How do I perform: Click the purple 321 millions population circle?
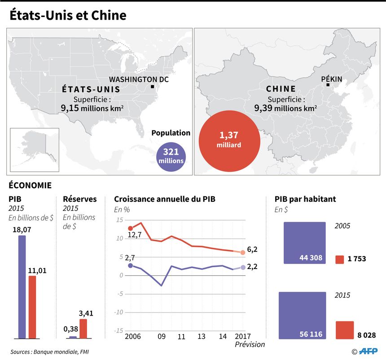pos(171,156)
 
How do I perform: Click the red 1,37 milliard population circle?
pos(229,141)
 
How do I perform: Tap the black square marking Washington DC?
pos(153,87)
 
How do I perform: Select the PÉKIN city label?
pos(332,79)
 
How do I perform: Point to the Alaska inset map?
pos(35,150)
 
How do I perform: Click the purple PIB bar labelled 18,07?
pos(22,287)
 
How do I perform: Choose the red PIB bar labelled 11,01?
pos(32,307)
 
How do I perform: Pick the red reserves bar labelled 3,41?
pos(83,329)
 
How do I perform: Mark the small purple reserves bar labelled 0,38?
pos(73,338)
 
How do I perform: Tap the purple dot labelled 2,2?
pos(243,267)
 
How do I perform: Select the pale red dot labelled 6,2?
pos(243,252)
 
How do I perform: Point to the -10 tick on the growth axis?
pos(118,312)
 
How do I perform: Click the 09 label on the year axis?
pos(162,336)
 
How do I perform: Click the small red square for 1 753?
pos(340,260)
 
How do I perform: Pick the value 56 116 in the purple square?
pos(311,334)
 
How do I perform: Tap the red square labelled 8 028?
pos(345,330)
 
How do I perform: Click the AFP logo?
pos(368,351)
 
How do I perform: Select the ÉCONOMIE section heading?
pos(30,185)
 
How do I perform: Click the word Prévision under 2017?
pos(250,344)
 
